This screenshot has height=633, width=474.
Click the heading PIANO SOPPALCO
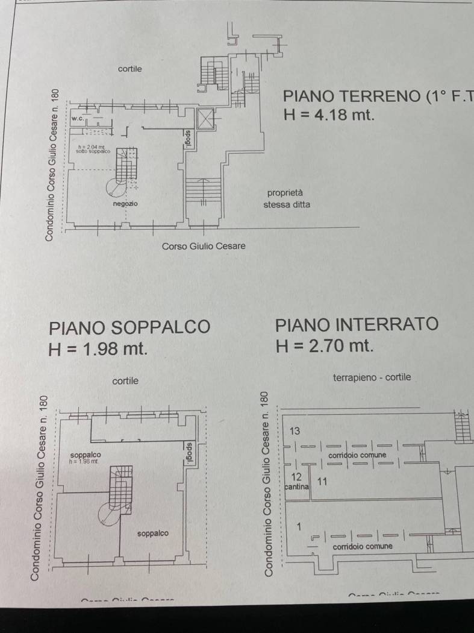(129, 327)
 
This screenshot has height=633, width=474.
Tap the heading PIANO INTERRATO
(357, 324)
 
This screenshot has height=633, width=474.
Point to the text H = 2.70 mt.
(325, 346)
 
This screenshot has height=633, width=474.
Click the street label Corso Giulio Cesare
(204, 246)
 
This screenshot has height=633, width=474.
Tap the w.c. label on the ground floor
(77, 119)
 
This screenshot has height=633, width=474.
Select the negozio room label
(125, 204)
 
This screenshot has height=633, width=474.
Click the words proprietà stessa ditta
(287, 199)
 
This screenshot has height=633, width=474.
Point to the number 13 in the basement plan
(295, 432)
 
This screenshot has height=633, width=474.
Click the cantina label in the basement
(297, 485)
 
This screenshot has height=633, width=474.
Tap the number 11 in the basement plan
(322, 481)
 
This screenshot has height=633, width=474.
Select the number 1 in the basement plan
(299, 526)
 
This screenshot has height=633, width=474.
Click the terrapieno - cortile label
(372, 377)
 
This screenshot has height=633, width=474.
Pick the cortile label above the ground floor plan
(129, 69)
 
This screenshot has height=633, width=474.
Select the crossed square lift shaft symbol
(205, 119)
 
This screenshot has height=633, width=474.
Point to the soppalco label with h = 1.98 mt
(85, 457)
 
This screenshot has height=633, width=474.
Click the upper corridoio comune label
(357, 455)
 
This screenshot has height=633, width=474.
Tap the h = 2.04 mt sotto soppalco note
(91, 148)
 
